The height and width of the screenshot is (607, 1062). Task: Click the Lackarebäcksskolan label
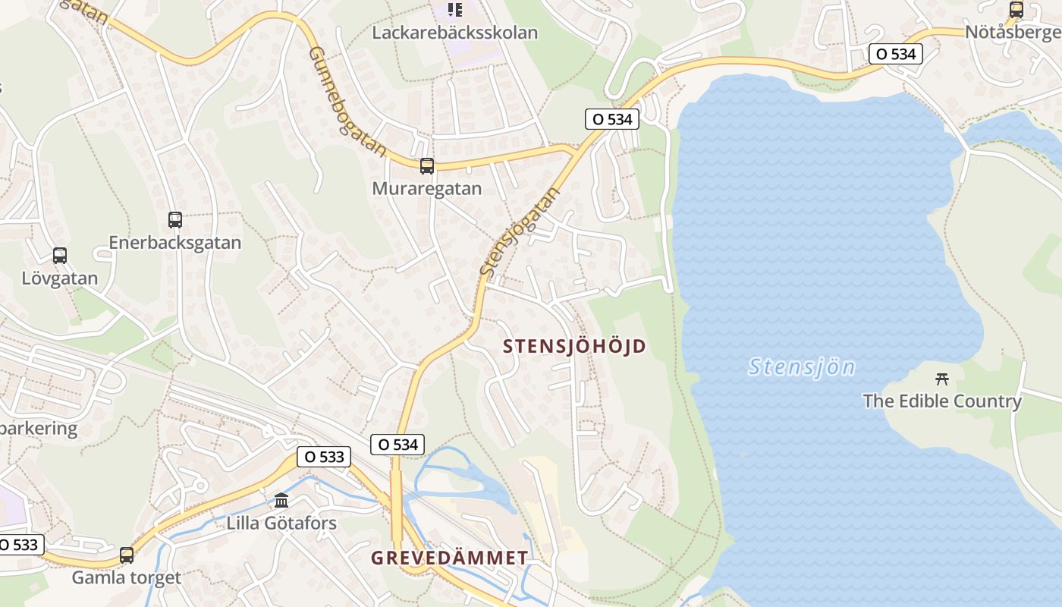(454, 33)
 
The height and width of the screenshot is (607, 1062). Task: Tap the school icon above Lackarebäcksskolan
(454, 9)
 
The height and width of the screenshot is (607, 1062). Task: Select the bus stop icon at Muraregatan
(427, 166)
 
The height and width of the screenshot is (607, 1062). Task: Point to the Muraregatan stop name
(426, 188)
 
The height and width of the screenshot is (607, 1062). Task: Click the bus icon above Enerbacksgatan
(175, 220)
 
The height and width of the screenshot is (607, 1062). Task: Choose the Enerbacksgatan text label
(175, 243)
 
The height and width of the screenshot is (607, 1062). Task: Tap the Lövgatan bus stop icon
(60, 256)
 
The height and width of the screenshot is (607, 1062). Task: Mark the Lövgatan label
(60, 278)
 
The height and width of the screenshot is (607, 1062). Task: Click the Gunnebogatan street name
(347, 101)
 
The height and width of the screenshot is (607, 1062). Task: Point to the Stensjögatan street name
(520, 231)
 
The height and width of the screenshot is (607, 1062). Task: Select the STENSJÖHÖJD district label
(575, 347)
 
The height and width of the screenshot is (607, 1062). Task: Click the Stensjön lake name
(801, 367)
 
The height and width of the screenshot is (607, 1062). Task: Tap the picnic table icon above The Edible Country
(942, 379)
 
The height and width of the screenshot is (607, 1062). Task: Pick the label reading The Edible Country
(942, 401)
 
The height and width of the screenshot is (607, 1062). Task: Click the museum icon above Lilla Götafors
(281, 500)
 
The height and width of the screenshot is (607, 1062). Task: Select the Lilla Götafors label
(281, 523)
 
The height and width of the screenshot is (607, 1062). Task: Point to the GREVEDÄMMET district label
(449, 558)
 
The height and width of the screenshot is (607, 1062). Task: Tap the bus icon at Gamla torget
(127, 555)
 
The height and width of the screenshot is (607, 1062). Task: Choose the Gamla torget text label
(127, 577)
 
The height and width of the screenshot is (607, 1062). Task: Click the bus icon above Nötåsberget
(1016, 10)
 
